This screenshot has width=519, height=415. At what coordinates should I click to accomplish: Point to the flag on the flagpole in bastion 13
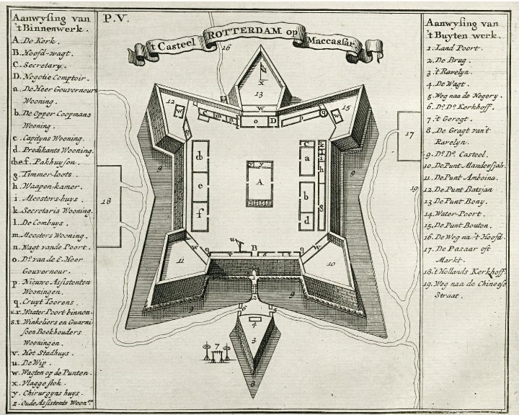click(264, 66)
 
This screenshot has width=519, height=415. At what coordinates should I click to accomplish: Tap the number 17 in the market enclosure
click(409, 134)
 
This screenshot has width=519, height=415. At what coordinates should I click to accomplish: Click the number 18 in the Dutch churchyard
click(108, 205)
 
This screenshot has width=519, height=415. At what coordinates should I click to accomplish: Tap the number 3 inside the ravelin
click(254, 339)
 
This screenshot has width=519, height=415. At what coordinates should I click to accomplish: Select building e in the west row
click(200, 186)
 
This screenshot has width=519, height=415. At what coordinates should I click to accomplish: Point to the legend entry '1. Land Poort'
click(454, 48)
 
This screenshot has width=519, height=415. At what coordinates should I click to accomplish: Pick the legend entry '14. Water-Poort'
click(455, 214)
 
